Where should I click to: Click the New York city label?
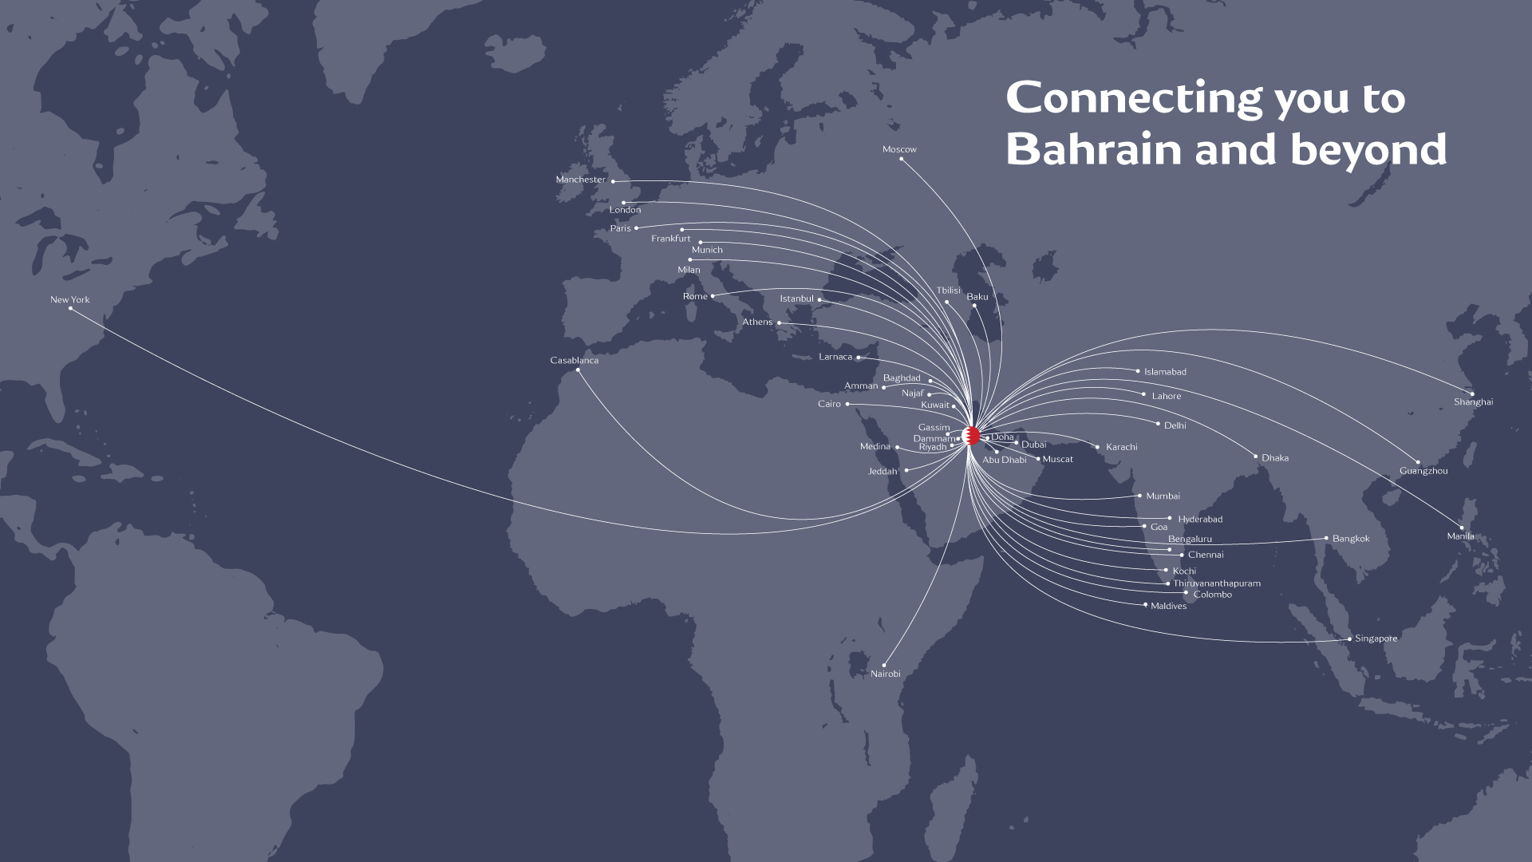(70, 300)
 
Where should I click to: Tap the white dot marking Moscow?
(902, 159)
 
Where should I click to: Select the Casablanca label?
(574, 361)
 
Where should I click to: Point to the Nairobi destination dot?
(884, 665)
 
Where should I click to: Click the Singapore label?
(1376, 639)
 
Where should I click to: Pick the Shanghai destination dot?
(1473, 393)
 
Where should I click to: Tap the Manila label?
(1460, 536)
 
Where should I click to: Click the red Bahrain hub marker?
(972, 436)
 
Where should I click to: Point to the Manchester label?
(581, 180)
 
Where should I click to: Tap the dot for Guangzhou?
(1418, 462)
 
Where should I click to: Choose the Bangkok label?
(1351, 539)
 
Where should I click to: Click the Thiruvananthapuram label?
(1217, 583)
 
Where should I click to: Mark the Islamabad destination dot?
(1139, 371)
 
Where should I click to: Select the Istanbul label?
(796, 299)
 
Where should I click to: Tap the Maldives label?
(1168, 606)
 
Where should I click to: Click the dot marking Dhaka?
(1256, 457)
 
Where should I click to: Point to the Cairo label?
(829, 404)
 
